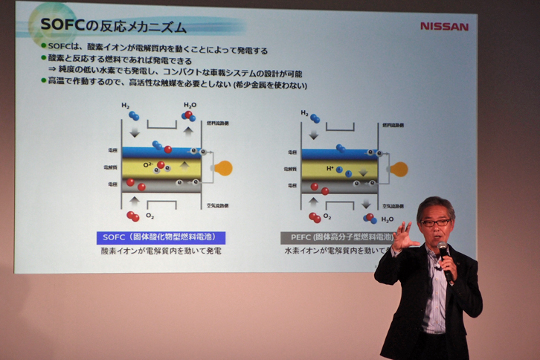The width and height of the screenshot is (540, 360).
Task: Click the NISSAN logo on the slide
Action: (x=444, y=26)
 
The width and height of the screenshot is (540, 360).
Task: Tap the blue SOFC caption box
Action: (x=160, y=237)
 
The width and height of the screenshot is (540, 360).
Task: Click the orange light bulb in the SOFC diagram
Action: (x=223, y=168)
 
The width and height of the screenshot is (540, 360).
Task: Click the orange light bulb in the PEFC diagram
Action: (x=399, y=169)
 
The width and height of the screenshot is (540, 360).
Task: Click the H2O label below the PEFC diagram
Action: (x=387, y=219)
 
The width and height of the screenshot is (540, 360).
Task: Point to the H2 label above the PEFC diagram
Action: (x=305, y=113)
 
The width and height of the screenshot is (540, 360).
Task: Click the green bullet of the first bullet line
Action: (x=44, y=50)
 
